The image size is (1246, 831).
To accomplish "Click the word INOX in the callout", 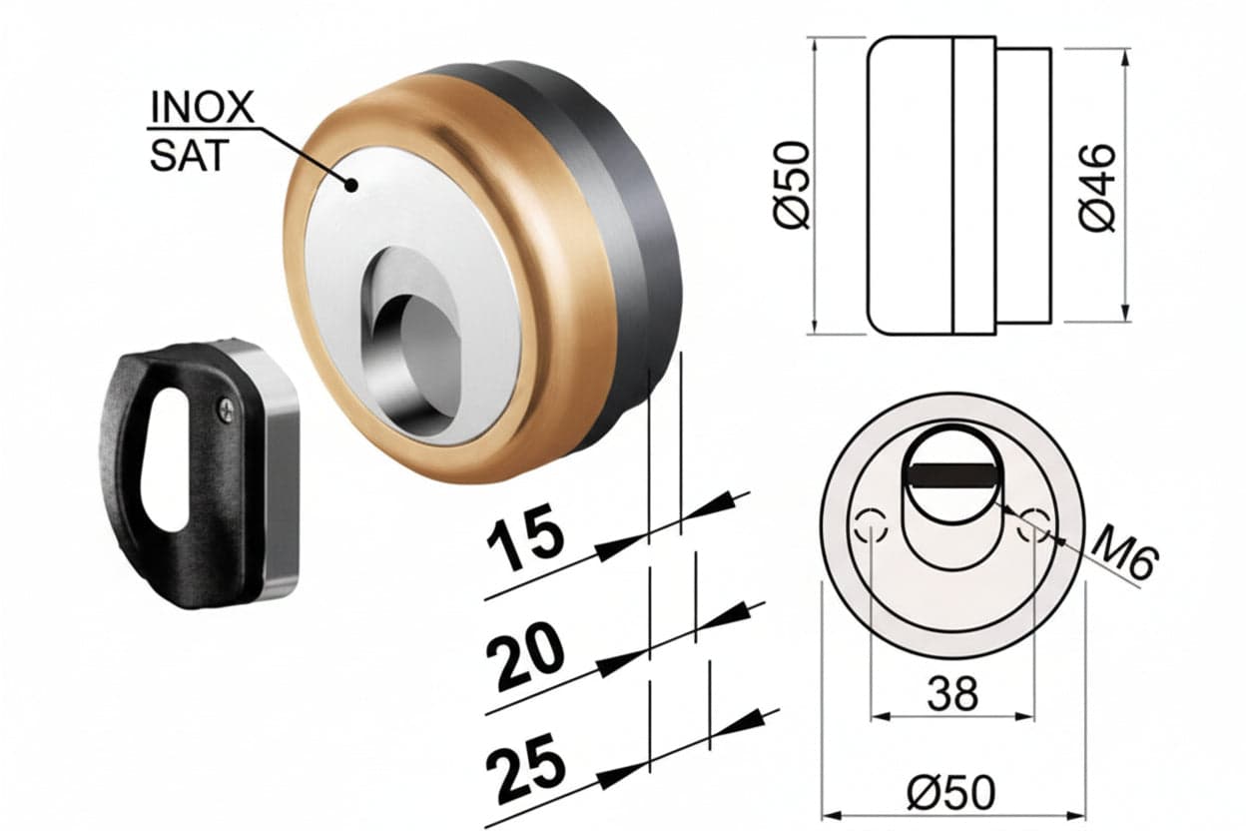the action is [x=203, y=108].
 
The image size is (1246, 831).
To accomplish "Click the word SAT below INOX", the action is [x=189, y=155].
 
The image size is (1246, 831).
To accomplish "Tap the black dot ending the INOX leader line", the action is [x=351, y=184].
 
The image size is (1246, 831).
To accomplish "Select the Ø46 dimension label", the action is [x=1097, y=188].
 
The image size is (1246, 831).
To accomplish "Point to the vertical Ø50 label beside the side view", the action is [x=792, y=186].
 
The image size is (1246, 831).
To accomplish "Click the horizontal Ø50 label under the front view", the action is [x=950, y=792].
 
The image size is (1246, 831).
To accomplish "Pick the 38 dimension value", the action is [x=952, y=694].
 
